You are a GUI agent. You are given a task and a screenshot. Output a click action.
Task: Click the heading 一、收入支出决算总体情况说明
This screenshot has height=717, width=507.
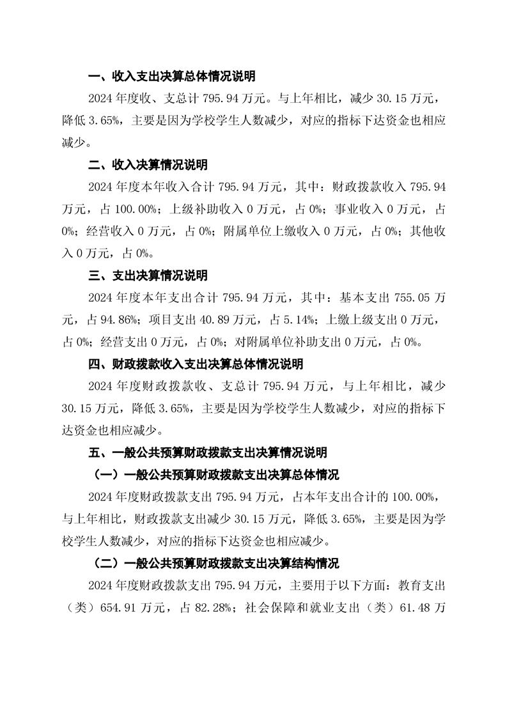click(x=171, y=77)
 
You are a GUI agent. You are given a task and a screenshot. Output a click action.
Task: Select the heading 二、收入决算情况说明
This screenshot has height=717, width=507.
click(x=148, y=165)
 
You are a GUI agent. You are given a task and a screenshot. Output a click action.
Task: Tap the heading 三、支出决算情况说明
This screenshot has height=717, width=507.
click(x=148, y=275)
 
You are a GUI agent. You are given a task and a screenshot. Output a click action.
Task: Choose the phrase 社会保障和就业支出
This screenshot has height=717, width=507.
click(x=304, y=608)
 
